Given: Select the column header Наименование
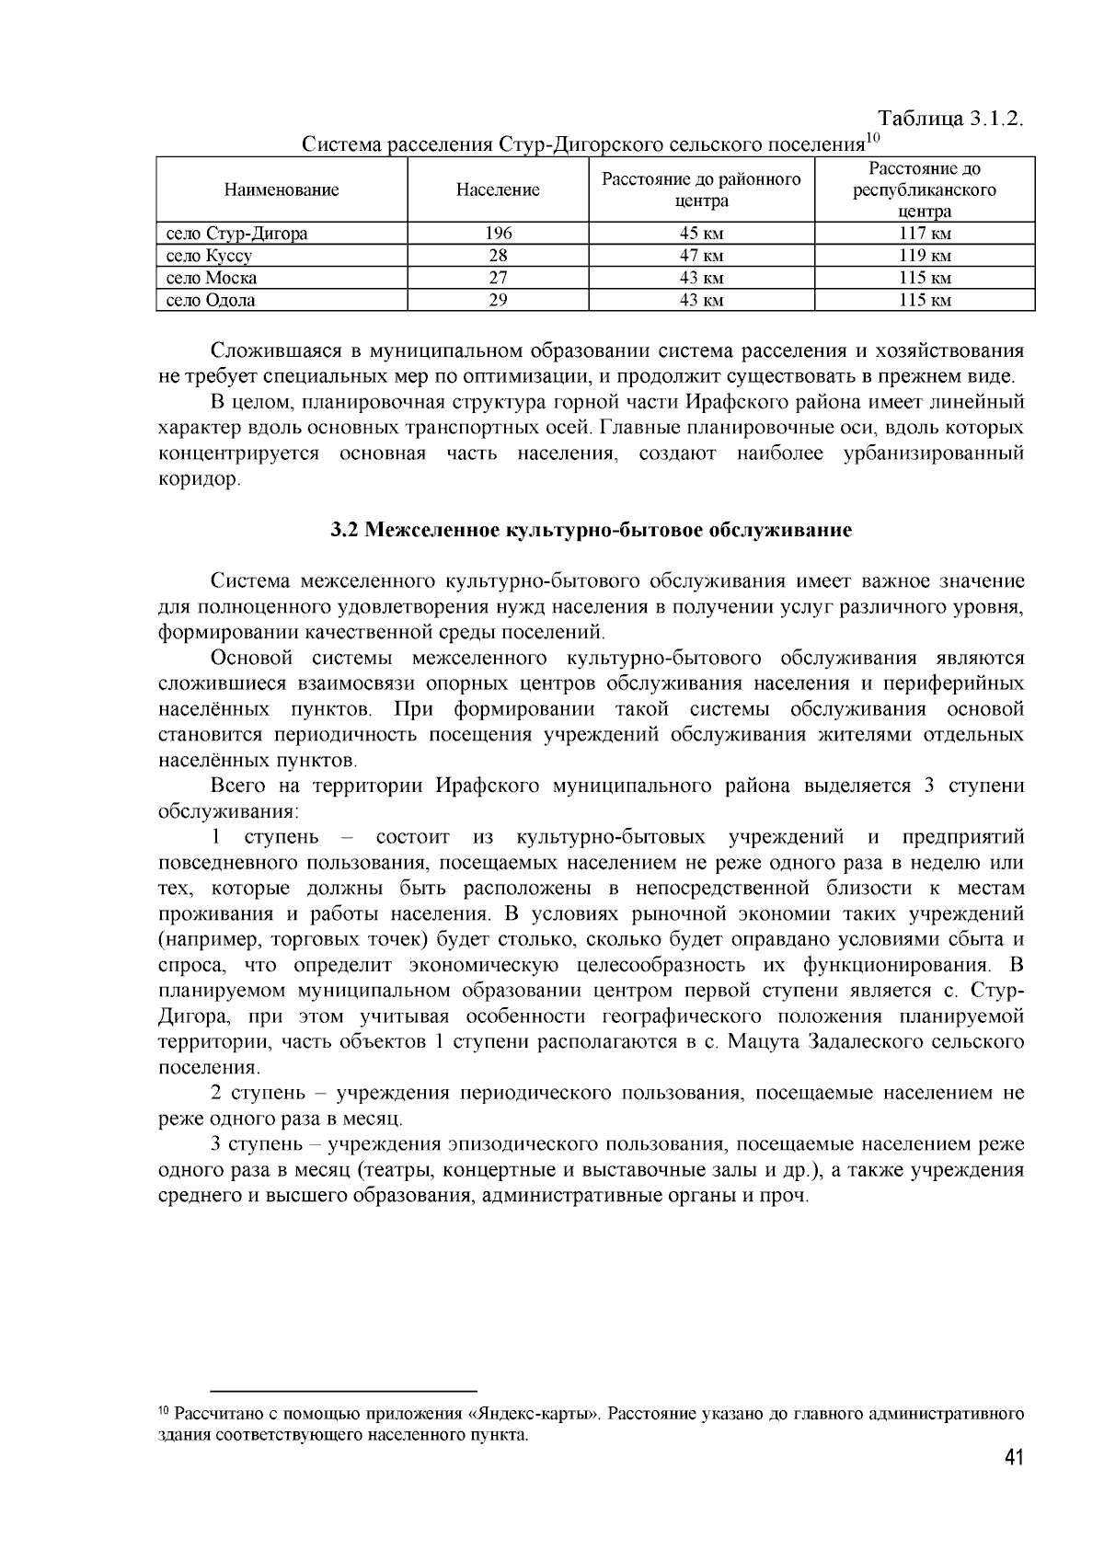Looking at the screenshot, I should pos(282,190).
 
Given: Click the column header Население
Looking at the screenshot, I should pos(498,190).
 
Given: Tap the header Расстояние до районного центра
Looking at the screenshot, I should pos(701,190).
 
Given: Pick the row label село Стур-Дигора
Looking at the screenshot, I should pos(237,234).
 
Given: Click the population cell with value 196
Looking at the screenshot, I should pos(498,234).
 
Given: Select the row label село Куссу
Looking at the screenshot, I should pos(210,256).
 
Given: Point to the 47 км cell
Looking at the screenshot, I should pos(701,256).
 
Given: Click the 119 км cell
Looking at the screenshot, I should pos(925,256).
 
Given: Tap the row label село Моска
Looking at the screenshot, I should pos(212,278).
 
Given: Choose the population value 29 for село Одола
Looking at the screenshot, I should pos(498,300).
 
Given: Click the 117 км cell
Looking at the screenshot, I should pos(925,234).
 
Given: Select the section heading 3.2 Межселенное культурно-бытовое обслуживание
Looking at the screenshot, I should pos(592,531).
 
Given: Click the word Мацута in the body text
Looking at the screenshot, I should pos(768,1042).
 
